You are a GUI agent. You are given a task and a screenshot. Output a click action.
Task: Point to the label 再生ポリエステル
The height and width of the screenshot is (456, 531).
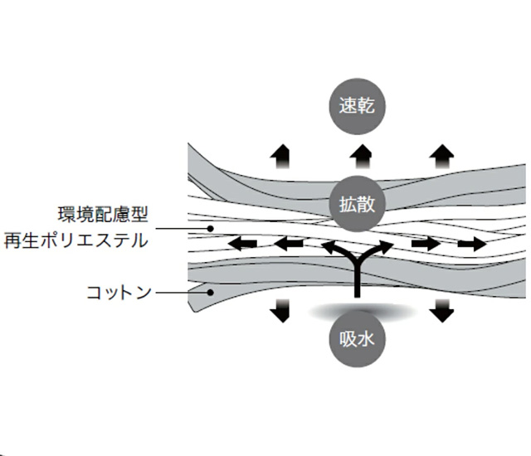76,241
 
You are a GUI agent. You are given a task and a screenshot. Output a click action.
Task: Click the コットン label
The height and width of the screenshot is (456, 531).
119,293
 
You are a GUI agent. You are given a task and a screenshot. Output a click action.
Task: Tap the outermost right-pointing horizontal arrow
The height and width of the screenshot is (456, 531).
473,245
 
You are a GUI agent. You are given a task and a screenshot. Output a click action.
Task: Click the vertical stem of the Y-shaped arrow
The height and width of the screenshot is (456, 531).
358,282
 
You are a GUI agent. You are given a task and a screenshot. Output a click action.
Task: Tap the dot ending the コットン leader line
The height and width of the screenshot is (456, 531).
211,292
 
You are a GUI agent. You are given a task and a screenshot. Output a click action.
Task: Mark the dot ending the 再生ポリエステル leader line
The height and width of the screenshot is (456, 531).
211,228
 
